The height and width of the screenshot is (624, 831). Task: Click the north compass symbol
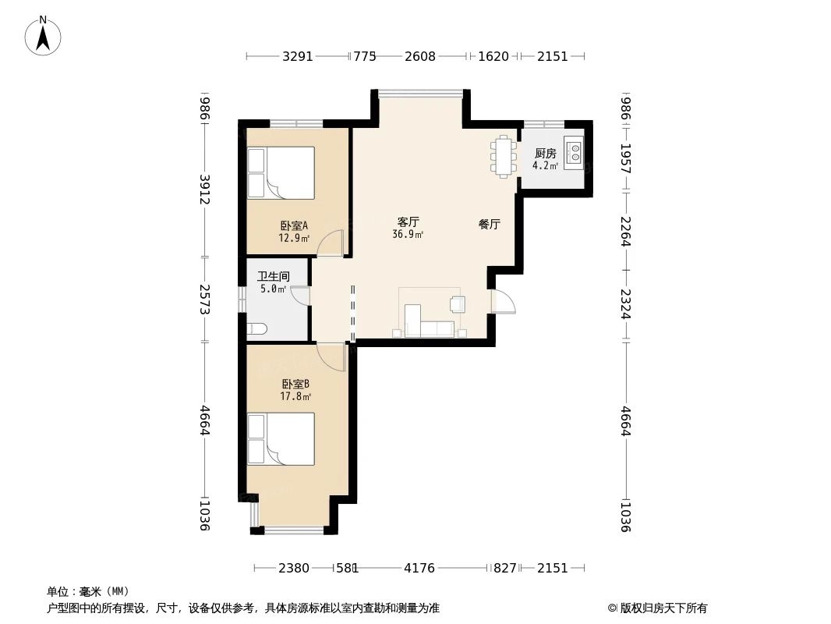pos(44,36)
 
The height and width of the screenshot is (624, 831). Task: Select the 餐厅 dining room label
pos(489,224)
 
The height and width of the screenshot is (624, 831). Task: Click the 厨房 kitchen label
pos(545,154)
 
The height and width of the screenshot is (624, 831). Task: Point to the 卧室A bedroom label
pos(295,226)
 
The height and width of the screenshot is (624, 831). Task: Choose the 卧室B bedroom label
pos(295,384)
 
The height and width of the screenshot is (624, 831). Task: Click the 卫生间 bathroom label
pos(274,276)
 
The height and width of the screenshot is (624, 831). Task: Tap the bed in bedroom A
pos(281,172)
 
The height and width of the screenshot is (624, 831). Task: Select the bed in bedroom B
pos(281,439)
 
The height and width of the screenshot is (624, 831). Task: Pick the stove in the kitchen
pos(575,152)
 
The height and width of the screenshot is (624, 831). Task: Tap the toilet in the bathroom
pos(257,328)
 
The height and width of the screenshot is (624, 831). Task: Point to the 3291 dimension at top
pos(298,56)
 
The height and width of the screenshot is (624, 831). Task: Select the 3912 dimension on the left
pos(205,189)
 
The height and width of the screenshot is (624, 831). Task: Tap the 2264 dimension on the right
pos(625,231)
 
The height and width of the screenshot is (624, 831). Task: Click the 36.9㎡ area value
pos(408,234)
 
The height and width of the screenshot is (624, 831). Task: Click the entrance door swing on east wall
pos(502,300)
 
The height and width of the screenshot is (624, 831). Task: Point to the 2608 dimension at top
pos(420,56)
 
